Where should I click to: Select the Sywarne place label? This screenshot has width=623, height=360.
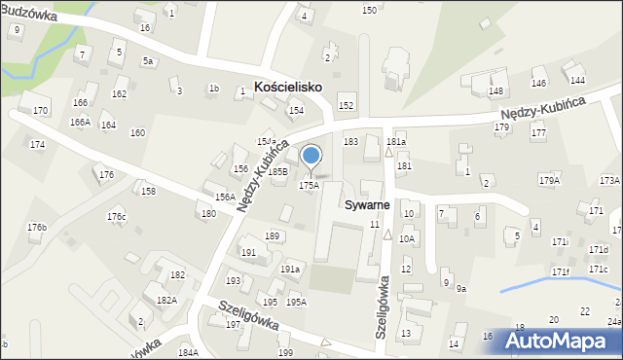click(367, 205)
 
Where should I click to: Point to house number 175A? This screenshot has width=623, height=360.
click(309, 185)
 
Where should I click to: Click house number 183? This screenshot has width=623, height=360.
click(350, 142)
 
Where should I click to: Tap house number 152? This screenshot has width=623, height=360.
click(345, 104)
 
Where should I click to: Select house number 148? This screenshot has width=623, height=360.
click(495, 91)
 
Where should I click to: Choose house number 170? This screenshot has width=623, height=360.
click(40, 111)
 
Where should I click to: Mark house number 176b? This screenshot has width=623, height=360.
click(37, 227)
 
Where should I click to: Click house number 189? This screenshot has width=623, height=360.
click(273, 236)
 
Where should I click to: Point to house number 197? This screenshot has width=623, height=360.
click(233, 324)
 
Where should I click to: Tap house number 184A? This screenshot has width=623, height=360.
click(188, 352)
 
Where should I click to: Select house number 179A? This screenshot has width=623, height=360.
click(550, 180)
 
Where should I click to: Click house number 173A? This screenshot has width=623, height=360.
click(609, 180)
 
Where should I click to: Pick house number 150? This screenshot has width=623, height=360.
click(369, 10)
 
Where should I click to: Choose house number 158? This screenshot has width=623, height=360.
click(148, 191)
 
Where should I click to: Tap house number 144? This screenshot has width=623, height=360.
click(577, 80)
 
